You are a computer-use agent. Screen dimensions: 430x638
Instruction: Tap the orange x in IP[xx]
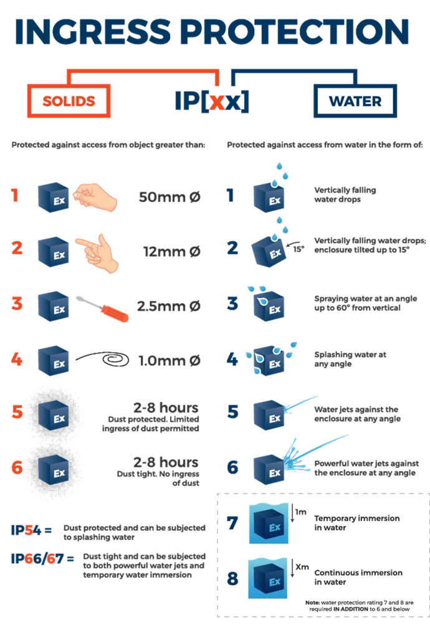click(x=217, y=102)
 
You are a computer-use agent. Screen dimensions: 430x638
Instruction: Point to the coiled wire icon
click(x=103, y=359)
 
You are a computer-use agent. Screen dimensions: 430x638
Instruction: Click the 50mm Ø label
click(x=170, y=198)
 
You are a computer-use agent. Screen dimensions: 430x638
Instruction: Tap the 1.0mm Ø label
click(x=170, y=361)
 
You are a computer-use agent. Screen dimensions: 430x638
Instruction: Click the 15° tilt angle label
click(x=299, y=249)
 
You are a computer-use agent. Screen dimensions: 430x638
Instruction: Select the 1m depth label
click(x=301, y=512)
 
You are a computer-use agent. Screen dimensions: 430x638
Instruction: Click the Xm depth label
click(x=302, y=567)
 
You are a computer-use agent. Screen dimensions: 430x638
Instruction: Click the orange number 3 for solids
click(x=17, y=303)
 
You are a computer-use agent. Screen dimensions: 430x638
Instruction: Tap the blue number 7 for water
click(x=232, y=523)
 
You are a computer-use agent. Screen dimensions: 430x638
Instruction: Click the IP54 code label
click(x=26, y=530)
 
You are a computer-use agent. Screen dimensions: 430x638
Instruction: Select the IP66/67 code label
click(x=37, y=559)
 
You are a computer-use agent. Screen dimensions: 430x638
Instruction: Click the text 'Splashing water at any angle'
click(x=350, y=359)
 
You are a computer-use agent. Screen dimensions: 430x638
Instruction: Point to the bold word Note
click(x=312, y=602)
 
